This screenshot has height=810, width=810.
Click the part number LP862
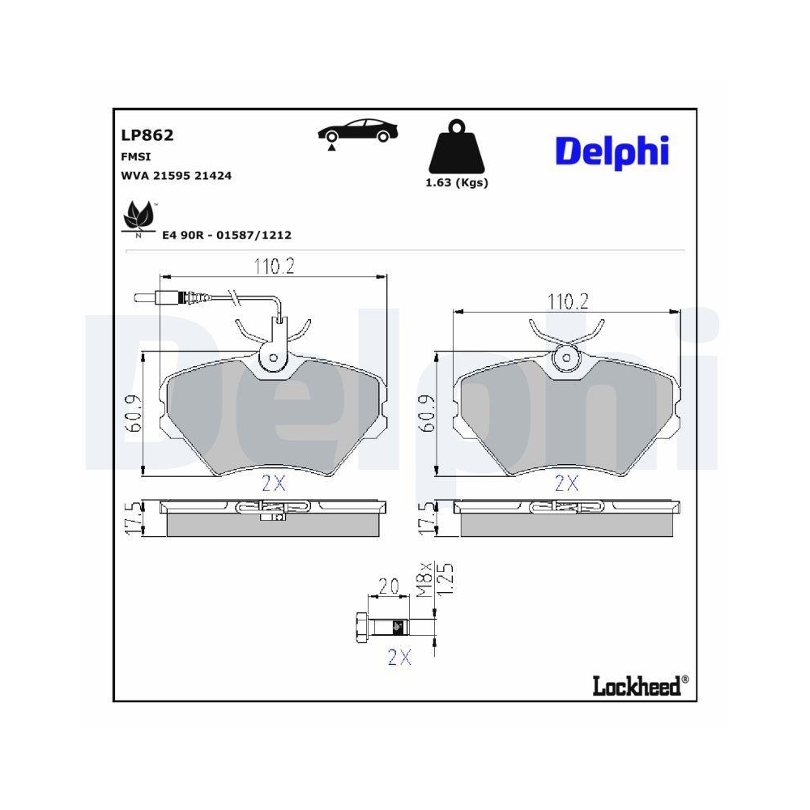click(x=147, y=135)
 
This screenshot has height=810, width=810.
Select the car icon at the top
click(x=357, y=132)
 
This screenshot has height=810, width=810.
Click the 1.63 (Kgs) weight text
click(x=457, y=183)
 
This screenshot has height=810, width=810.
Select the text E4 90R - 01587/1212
click(x=227, y=235)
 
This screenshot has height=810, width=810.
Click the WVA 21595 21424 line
click(x=176, y=175)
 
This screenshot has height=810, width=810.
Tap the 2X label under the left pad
click(x=274, y=484)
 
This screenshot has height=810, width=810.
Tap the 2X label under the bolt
click(x=398, y=658)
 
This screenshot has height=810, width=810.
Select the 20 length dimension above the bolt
click(x=389, y=586)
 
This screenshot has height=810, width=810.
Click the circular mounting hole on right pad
click(x=567, y=357)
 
